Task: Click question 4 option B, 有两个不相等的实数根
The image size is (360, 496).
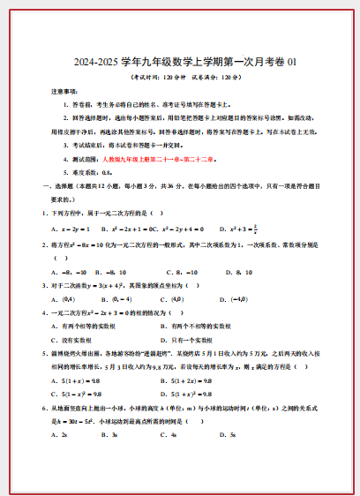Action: tap(201, 326)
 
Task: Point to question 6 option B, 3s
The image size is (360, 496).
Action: tap(115, 435)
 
